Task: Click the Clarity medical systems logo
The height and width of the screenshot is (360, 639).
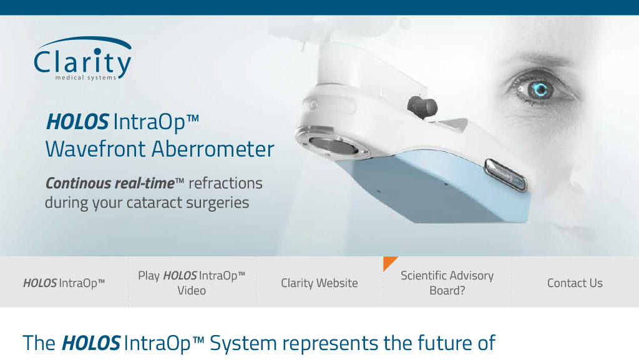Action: point(83,58)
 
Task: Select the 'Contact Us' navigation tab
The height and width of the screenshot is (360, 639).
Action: point(575,283)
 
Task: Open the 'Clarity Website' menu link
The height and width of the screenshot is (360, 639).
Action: point(319,283)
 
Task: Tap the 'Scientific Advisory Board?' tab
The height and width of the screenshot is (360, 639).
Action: point(447,283)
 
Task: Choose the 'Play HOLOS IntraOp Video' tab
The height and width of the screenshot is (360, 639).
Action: point(192,283)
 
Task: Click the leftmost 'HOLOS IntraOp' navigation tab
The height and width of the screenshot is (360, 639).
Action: point(64,283)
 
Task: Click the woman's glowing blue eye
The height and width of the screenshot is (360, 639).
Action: point(540,90)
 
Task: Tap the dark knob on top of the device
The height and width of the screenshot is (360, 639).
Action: point(422,107)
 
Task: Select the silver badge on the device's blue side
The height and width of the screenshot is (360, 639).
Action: point(504,175)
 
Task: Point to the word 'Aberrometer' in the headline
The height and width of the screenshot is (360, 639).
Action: point(213,148)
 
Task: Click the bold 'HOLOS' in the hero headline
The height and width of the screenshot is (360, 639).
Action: point(77,122)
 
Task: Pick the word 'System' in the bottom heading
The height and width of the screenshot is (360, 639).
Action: point(243,343)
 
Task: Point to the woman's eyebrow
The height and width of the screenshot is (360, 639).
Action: point(538,61)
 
